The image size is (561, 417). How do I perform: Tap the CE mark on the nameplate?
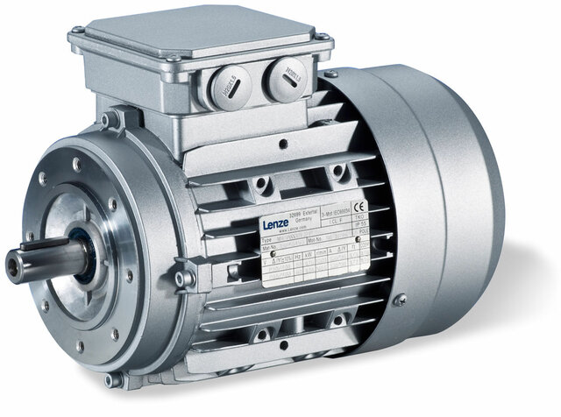[349, 208]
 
